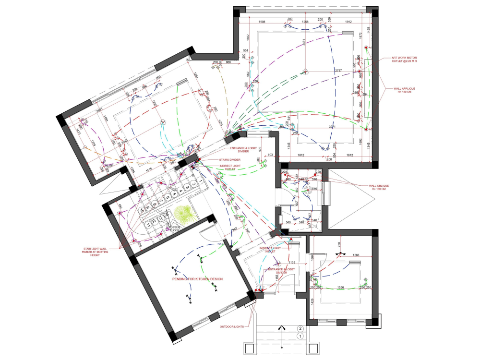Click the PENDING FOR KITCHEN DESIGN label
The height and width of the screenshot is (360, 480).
click(197, 279)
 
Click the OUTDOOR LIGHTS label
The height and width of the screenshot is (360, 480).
click(232, 326)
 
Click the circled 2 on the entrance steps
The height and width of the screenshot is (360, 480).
click(300, 329)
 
